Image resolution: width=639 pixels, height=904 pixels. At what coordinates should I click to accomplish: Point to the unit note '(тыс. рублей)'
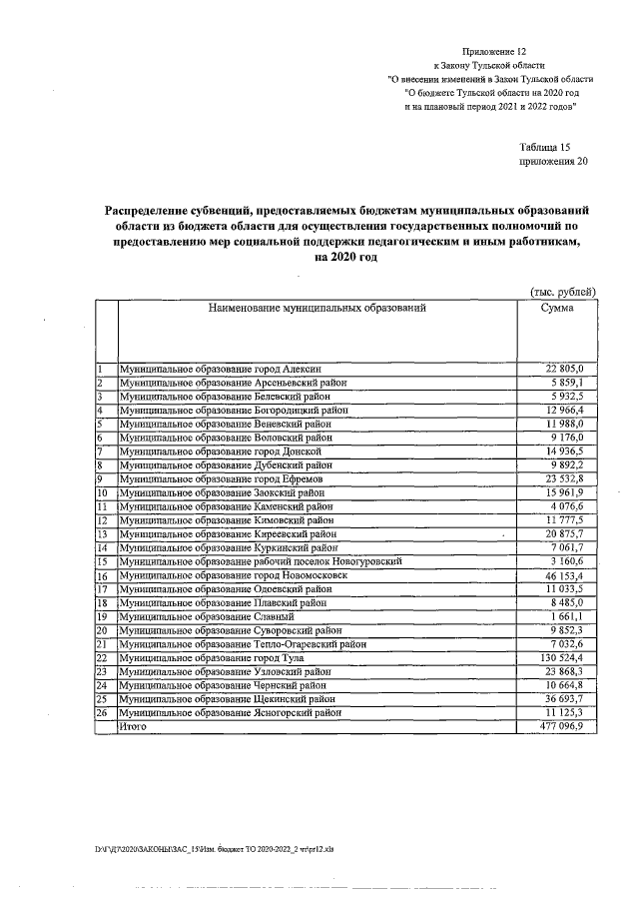coord(562,291)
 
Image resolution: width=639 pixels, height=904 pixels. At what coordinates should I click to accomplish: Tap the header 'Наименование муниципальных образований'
coord(317,308)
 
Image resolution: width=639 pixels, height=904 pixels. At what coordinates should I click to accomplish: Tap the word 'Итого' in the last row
coord(132,728)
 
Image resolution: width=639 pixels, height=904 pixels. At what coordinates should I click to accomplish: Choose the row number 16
coord(102,576)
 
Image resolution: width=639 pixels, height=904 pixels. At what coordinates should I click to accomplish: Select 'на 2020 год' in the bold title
coord(345,258)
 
